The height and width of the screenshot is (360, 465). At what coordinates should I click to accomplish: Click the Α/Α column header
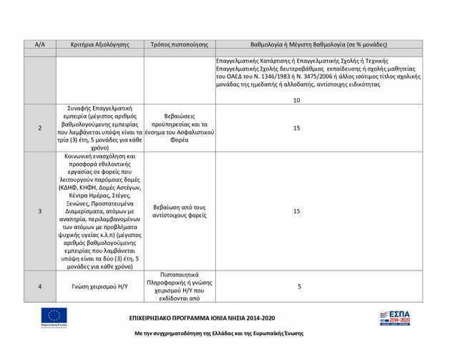coord(40,44)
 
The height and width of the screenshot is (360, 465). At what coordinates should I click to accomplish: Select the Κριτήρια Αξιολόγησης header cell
coord(100,44)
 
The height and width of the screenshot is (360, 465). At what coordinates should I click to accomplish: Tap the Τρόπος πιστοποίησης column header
coord(179,44)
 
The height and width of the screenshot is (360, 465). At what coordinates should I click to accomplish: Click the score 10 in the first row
coord(296,100)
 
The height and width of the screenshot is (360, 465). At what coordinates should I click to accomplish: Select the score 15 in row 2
coord(296,128)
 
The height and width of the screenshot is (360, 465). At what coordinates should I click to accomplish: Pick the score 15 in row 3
coord(296,211)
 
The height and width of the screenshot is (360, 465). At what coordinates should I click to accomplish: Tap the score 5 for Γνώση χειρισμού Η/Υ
coord(299,286)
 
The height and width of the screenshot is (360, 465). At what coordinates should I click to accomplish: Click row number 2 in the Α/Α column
coord(40,128)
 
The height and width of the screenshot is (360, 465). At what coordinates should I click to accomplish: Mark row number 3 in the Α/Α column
coord(40,211)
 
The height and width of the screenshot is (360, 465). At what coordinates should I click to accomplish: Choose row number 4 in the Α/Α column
coord(40,286)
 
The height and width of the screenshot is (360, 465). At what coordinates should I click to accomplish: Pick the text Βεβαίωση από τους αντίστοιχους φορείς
coord(179,211)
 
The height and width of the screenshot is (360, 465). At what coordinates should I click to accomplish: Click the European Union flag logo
coord(54,316)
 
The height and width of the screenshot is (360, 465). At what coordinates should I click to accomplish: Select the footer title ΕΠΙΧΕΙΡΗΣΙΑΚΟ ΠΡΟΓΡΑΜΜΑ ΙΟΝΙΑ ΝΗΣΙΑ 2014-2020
coord(202,317)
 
